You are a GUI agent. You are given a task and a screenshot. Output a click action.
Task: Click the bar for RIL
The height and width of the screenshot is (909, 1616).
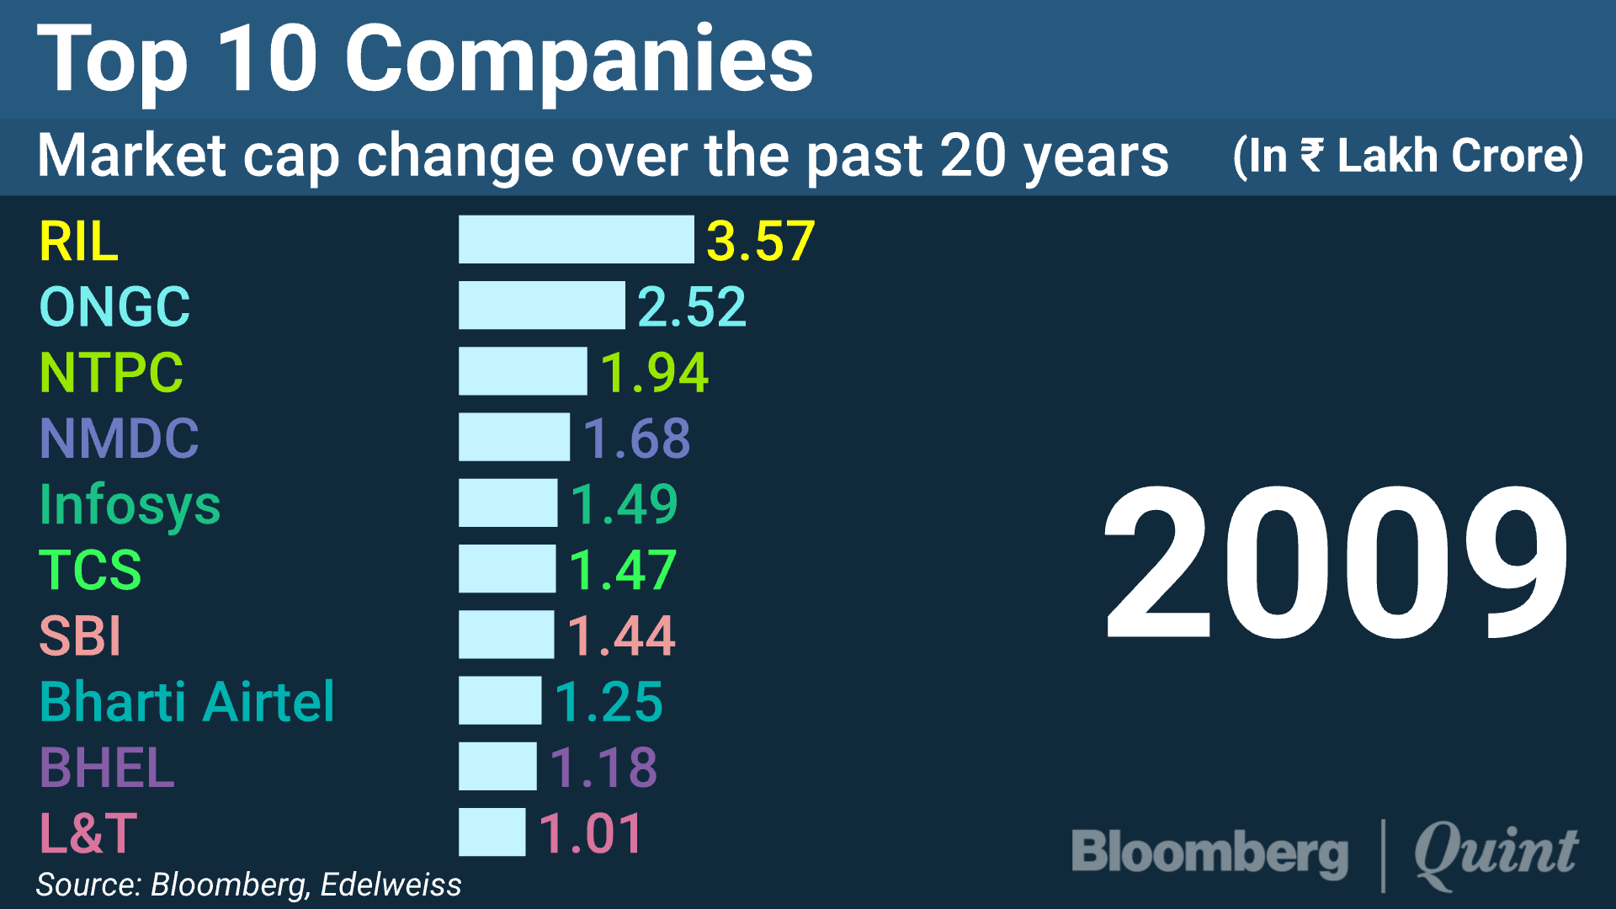tap(576, 240)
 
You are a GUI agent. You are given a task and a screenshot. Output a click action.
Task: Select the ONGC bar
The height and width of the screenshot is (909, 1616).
tap(541, 306)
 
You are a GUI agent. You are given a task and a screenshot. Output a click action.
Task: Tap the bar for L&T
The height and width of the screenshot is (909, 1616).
tap(492, 832)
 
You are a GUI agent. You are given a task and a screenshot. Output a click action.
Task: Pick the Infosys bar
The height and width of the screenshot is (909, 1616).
tap(508, 503)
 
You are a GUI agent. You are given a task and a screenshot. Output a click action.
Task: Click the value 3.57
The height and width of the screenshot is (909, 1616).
tap(760, 242)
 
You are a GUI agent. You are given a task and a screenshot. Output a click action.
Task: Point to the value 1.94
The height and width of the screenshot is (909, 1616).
tap(654, 373)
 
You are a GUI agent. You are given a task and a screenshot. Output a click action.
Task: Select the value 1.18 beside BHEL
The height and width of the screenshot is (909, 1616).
tap(603, 768)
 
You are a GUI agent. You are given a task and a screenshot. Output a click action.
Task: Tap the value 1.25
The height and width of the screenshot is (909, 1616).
tap(608, 702)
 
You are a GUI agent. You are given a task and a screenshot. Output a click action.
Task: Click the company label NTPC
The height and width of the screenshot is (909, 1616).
tap(111, 373)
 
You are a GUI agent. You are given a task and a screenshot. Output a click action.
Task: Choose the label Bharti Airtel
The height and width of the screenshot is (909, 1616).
tap(187, 702)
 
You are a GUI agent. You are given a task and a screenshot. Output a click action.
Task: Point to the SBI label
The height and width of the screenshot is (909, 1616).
tap(81, 636)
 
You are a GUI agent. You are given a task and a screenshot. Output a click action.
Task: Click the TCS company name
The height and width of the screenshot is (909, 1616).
tap(90, 570)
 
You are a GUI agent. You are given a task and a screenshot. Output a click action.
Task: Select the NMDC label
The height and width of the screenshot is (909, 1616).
tap(119, 439)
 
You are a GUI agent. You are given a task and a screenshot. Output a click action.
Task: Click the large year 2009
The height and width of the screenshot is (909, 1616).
tap(1336, 562)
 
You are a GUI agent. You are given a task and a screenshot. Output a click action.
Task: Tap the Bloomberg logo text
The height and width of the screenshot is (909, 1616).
tap(1209, 853)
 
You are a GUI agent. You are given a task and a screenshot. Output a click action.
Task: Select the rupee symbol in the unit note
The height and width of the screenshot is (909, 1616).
tap(1311, 156)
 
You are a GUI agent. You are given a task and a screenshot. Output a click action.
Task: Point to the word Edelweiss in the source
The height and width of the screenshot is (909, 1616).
tap(391, 885)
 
